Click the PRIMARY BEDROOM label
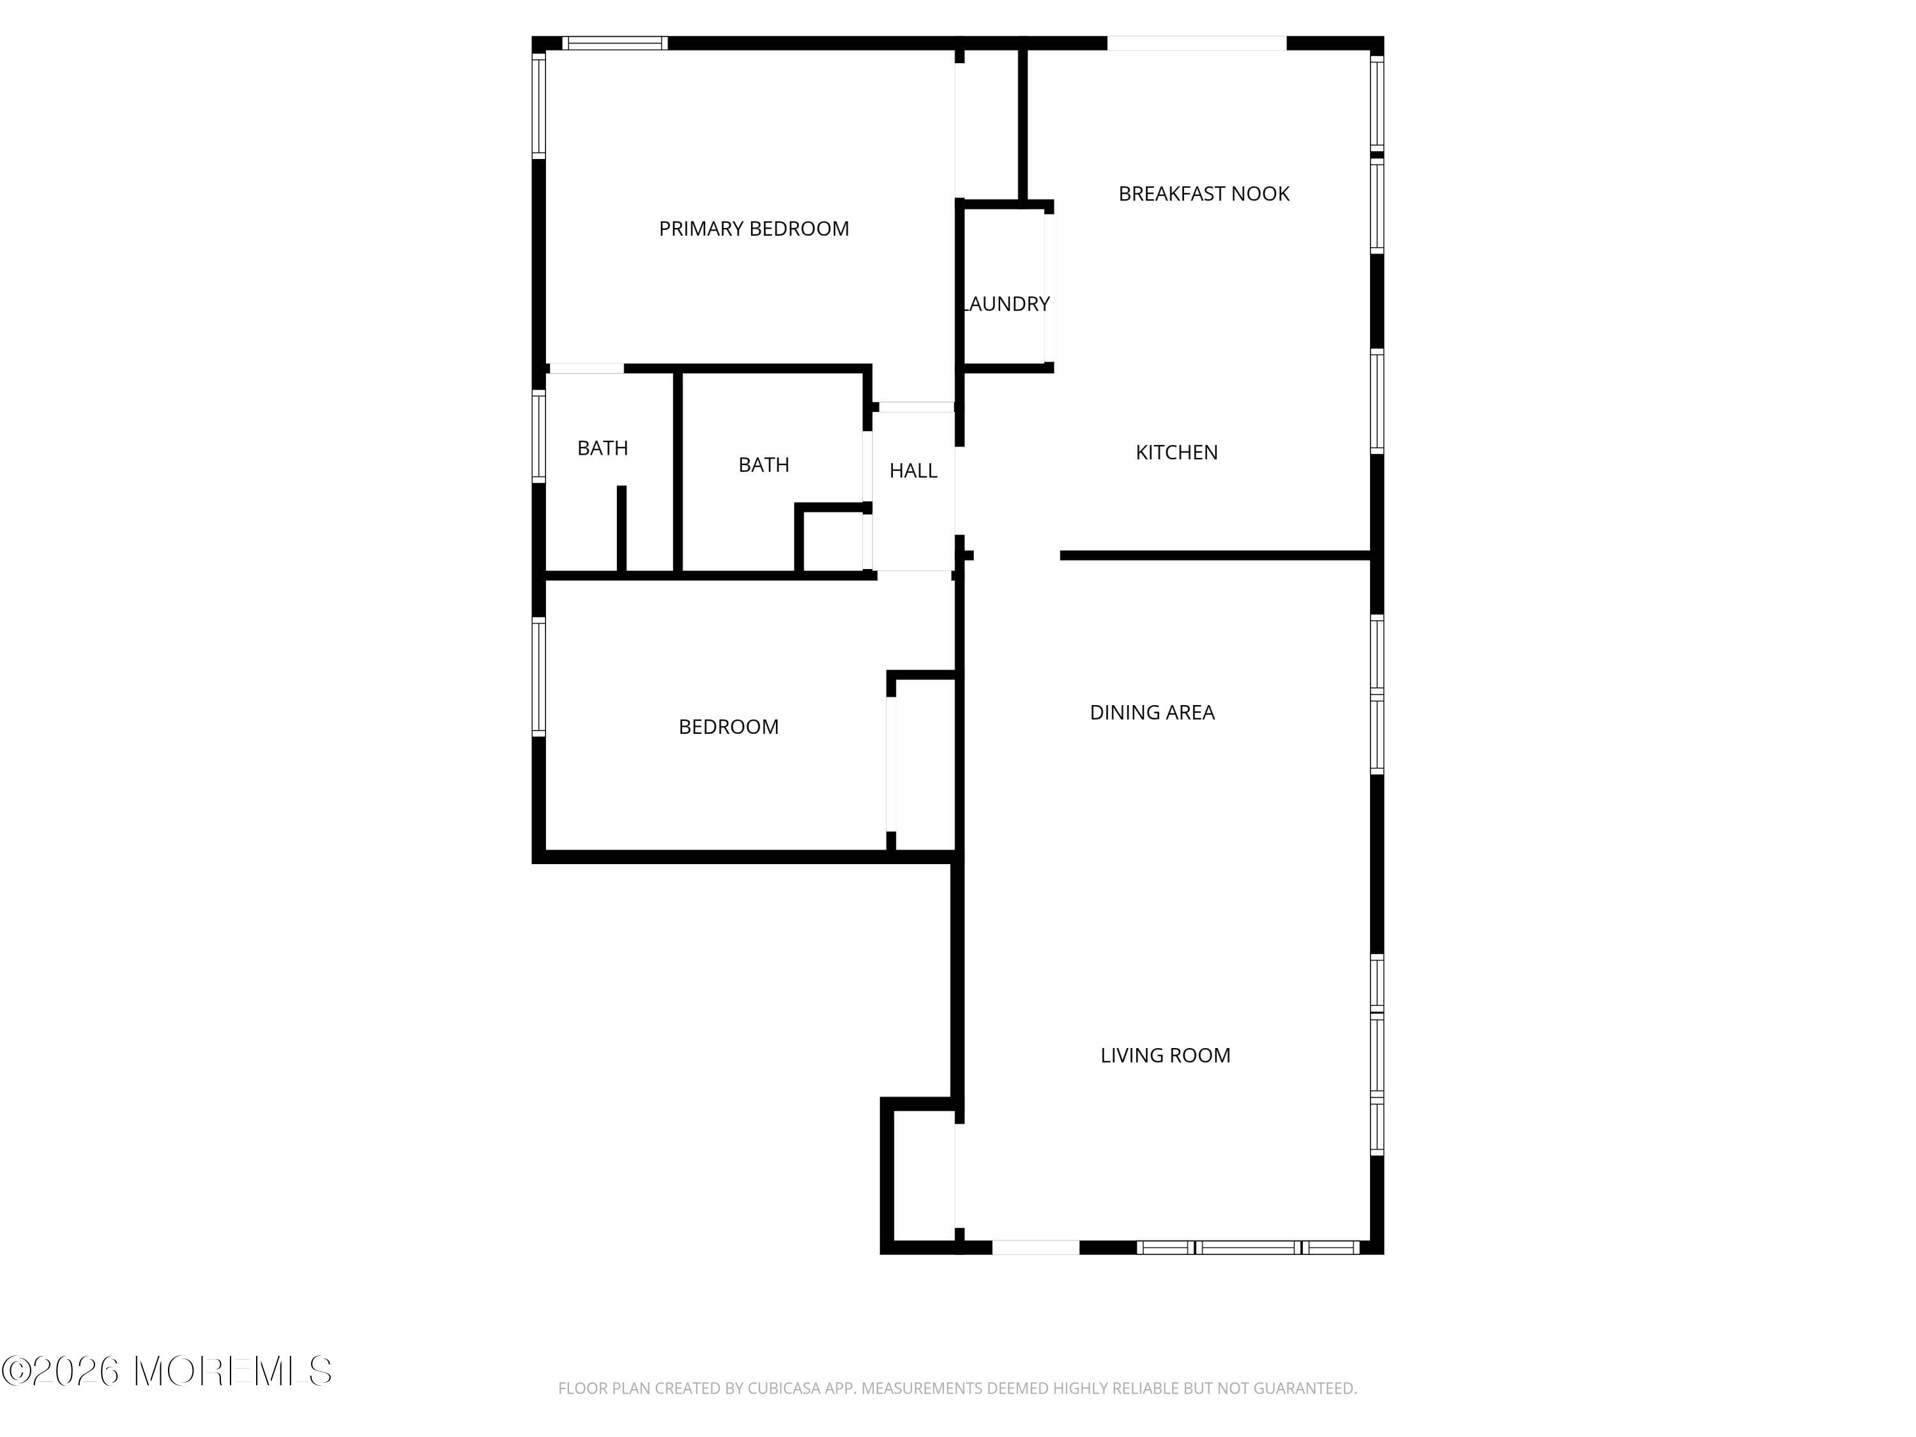pyautogui.click(x=754, y=229)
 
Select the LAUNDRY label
pyautogui.click(x=1007, y=304)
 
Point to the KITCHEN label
pyautogui.click(x=1176, y=452)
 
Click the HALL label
pyautogui.click(x=913, y=470)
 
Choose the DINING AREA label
pyautogui.click(x=1152, y=713)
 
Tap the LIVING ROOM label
pyautogui.click(x=1165, y=1055)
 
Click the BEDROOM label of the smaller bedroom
pyautogui.click(x=729, y=727)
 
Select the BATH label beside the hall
pyautogui.click(x=763, y=465)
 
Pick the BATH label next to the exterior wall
pyautogui.click(x=603, y=448)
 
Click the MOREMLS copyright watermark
pyautogui.click(x=166, y=1371)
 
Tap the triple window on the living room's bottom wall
pyautogui.click(x=1248, y=1247)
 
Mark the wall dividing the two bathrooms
pyautogui.click(x=678, y=472)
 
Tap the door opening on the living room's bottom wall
pyautogui.click(x=1036, y=1247)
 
